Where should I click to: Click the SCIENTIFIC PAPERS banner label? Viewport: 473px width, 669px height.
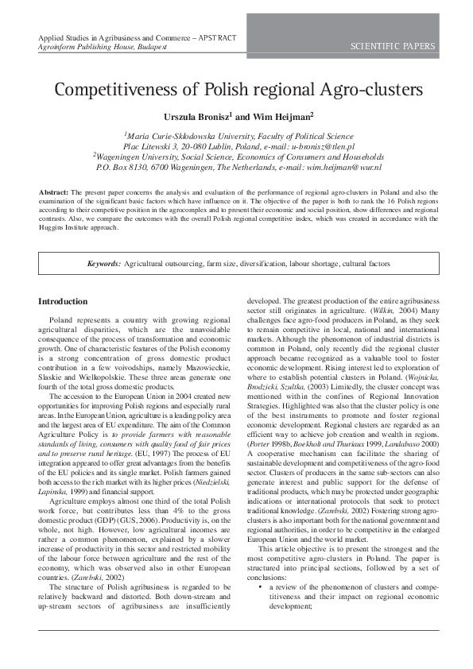coord(393,47)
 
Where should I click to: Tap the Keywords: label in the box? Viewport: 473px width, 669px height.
coord(104,262)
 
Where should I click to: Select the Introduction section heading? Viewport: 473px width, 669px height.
coord(63,302)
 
